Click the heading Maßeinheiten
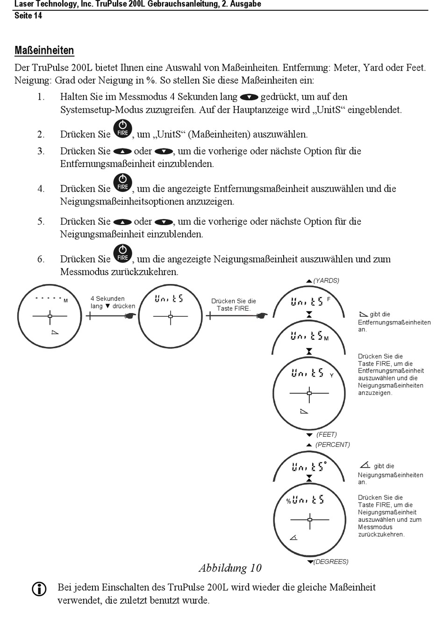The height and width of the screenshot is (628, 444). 44,51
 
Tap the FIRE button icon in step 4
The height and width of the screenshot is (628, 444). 123,183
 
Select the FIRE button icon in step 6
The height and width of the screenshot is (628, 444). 123,253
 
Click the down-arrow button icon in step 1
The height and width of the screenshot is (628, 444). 249,97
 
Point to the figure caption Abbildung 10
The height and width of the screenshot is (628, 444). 230,568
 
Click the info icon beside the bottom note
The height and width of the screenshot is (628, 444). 39,589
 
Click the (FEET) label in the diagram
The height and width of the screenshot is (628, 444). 326,435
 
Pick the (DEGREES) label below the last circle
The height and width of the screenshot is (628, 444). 331,562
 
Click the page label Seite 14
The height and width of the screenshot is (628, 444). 28,15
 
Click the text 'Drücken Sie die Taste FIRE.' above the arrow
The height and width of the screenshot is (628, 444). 234,305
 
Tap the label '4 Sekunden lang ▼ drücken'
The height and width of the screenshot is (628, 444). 112,302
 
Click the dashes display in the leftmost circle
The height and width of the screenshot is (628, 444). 48,298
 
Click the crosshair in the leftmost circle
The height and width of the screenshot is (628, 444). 50,316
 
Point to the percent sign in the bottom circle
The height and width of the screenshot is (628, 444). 288,502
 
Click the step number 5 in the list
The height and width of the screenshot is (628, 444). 41,222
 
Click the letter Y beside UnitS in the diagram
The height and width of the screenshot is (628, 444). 332,375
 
